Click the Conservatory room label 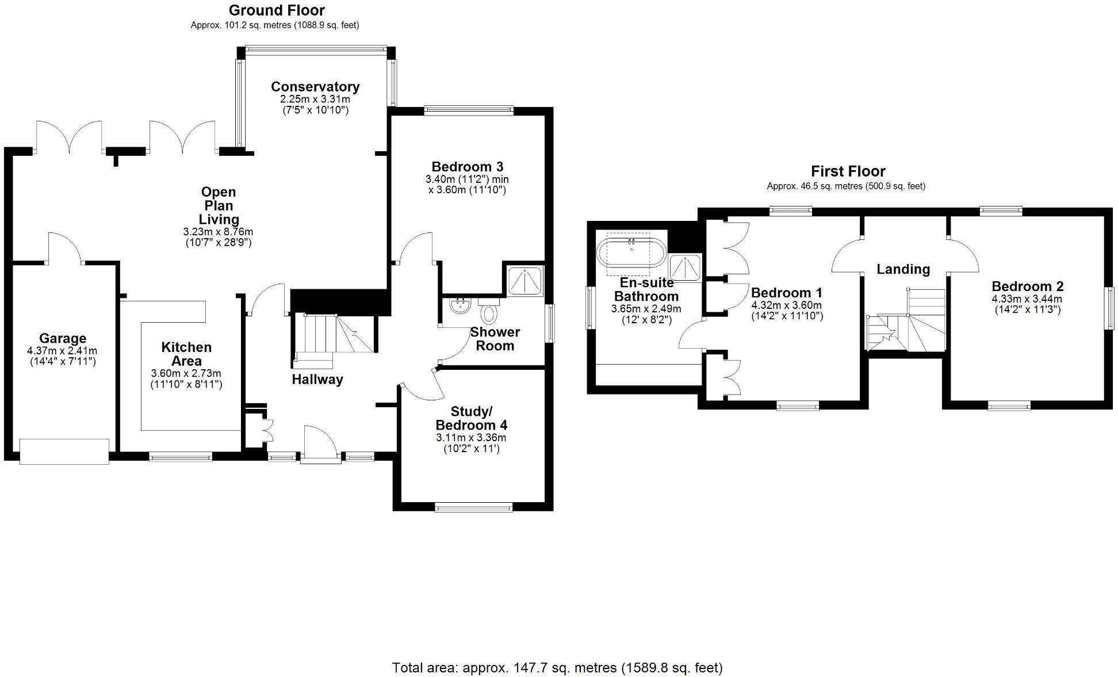click(315, 87)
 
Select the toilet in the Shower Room click(489, 313)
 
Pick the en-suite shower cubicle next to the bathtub click(686, 268)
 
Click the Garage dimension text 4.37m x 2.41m click(62, 351)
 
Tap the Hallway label click(317, 380)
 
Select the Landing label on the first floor click(903, 269)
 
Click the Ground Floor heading click(277, 10)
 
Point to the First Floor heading click(848, 171)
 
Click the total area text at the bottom click(557, 668)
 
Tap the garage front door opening click(64, 452)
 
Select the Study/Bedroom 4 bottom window click(473, 507)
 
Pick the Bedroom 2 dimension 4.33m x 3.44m click(1027, 299)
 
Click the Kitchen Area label click(186, 354)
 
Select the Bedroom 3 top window click(468, 110)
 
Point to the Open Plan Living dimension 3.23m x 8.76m click(218, 232)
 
